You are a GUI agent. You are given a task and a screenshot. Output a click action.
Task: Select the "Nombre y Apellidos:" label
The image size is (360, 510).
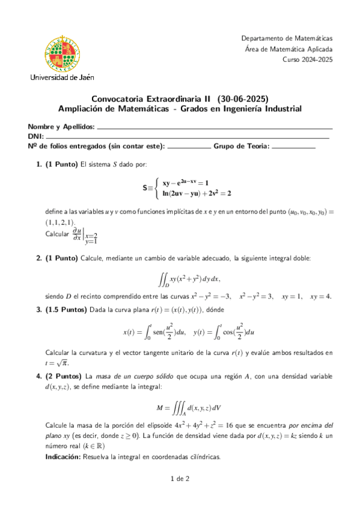click(x=61, y=127)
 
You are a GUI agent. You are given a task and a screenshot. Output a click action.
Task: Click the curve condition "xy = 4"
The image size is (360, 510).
click(x=322, y=296)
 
